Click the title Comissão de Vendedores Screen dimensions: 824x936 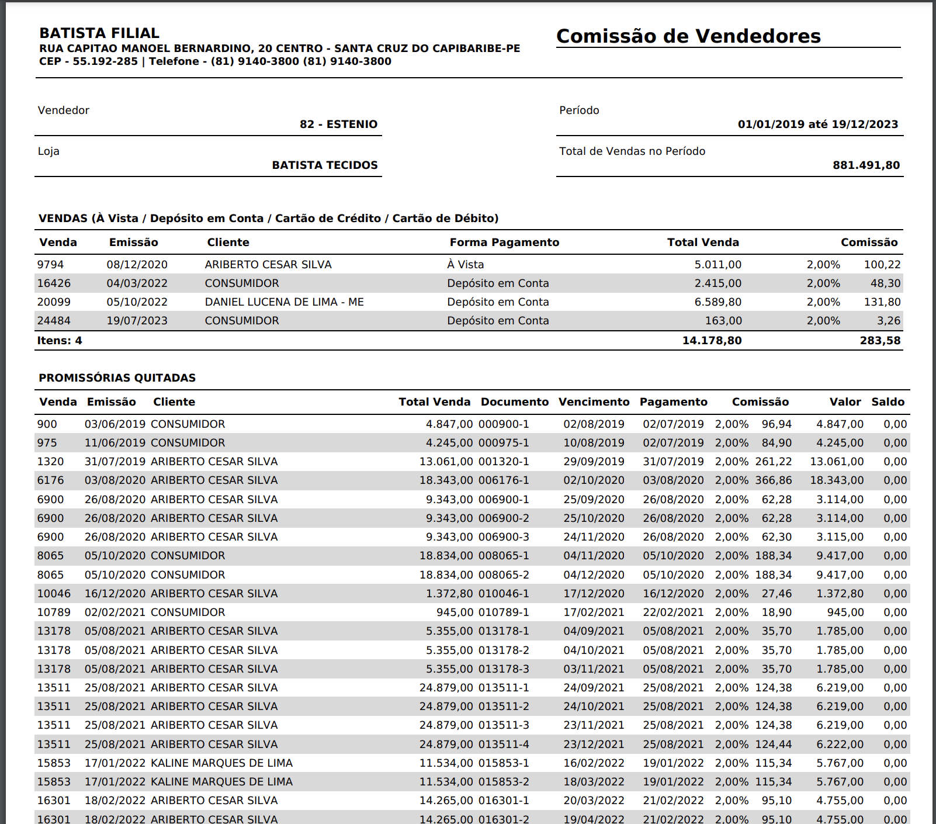[688, 36]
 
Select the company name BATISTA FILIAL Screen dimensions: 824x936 [99, 33]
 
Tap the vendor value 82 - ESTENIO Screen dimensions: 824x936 [338, 124]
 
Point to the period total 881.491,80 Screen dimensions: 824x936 [866, 165]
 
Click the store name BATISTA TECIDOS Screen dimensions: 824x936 [324, 165]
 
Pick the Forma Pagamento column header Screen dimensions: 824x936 [504, 243]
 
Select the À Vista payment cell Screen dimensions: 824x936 [465, 265]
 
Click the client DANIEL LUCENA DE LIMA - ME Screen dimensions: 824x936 [284, 302]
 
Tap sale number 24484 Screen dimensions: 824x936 [54, 321]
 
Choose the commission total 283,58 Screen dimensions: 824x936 [880, 341]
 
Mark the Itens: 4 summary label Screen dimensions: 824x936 [60, 341]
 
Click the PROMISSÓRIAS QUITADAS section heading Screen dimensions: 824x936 [117, 378]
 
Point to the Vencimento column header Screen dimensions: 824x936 [594, 402]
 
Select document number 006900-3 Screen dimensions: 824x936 [504, 537]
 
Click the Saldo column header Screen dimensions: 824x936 [888, 402]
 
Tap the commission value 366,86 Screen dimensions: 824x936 [773, 480]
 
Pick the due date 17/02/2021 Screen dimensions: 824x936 [594, 612]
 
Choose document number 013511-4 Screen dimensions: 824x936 [504, 745]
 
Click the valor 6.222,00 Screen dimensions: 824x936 [840, 745]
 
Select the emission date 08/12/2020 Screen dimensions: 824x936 [137, 265]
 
